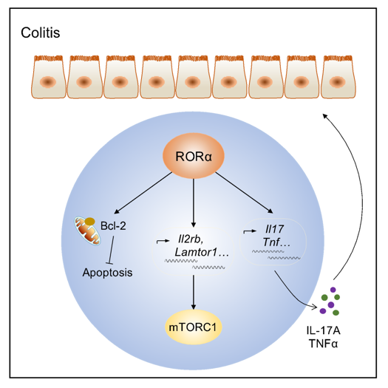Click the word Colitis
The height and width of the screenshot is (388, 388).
click(41, 33)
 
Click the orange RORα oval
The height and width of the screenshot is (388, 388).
click(193, 156)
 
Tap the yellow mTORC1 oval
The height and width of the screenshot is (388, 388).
click(193, 327)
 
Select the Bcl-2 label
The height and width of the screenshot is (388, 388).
click(113, 225)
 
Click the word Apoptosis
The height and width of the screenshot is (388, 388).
click(107, 273)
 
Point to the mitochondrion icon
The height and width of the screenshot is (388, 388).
click(87, 231)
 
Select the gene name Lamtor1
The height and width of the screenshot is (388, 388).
click(196, 253)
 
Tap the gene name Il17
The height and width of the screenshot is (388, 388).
click(274, 229)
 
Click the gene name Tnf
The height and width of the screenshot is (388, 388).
click(271, 242)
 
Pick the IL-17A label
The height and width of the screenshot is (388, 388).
click(323, 330)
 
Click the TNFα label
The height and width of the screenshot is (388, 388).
click(323, 344)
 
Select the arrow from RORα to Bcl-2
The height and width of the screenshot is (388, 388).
click(143, 193)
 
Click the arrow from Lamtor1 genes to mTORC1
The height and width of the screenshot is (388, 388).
click(194, 292)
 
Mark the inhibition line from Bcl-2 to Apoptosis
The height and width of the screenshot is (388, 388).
click(111, 250)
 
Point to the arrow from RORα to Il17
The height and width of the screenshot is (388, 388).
click(244, 192)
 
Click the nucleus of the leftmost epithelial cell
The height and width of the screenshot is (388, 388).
click(48, 81)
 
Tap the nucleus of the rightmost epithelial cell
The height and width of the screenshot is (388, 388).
click(337, 81)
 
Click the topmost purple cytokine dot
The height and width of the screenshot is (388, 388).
click(333, 290)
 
